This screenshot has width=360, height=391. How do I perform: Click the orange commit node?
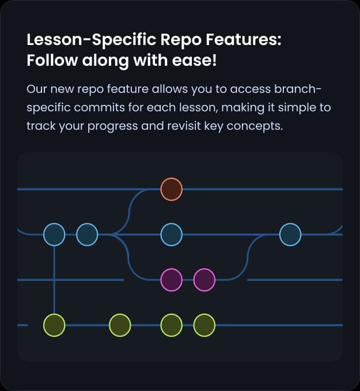(171, 189)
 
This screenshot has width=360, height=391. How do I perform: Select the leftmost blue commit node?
(54, 235)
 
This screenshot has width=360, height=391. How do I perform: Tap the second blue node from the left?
(87, 235)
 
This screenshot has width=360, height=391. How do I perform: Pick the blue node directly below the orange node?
(171, 235)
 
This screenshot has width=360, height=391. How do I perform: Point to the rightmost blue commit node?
(290, 235)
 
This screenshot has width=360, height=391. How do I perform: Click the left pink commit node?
(171, 280)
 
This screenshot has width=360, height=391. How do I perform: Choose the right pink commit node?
(204, 280)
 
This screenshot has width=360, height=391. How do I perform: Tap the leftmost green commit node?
(54, 325)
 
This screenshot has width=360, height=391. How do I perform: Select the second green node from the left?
(120, 325)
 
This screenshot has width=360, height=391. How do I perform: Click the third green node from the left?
(171, 325)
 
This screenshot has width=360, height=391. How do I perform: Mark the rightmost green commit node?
(204, 325)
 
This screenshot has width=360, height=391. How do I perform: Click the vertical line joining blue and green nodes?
(54, 280)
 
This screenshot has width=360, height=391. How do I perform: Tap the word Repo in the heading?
(177, 41)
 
